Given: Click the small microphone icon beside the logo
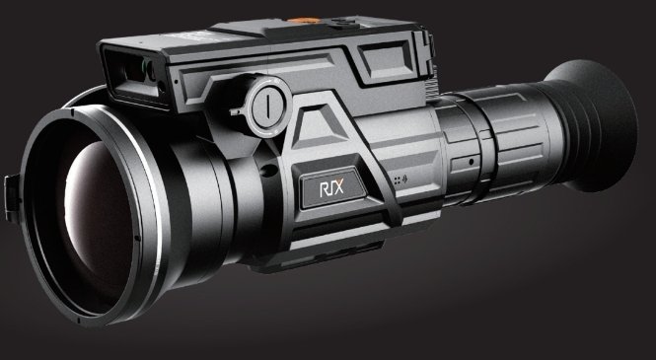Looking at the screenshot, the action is click(404, 180).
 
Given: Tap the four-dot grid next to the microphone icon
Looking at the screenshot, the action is click(397, 180).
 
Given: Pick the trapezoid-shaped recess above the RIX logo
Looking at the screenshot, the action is click(319, 127).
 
